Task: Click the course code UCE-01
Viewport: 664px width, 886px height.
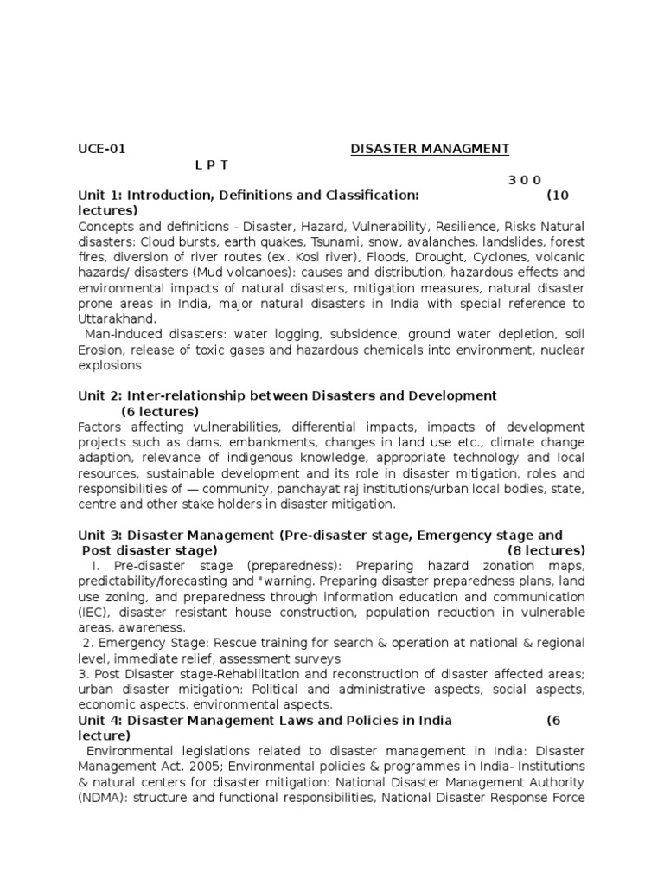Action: pos(101,149)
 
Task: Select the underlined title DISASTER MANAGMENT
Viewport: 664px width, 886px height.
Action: pos(430,149)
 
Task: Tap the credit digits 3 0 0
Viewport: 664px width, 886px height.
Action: pos(524,180)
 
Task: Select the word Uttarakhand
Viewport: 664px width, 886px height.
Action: pos(117,318)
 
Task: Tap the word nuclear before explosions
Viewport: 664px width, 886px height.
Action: pos(562,350)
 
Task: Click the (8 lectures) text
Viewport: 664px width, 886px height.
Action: pos(546,550)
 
